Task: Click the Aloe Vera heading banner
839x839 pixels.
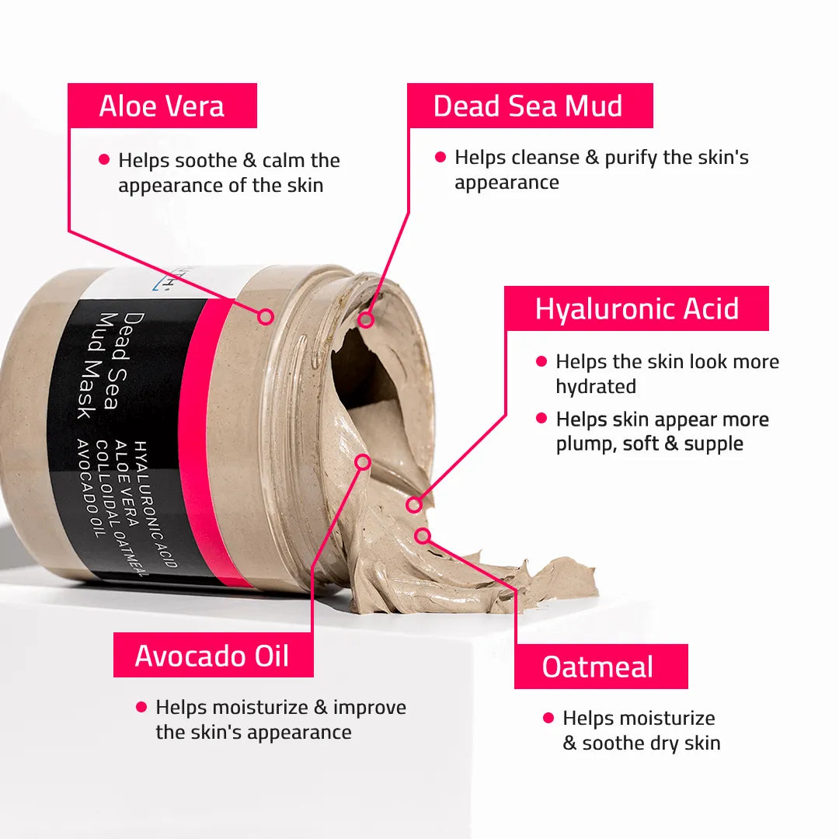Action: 162,106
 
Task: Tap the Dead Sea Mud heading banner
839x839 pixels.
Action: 530,106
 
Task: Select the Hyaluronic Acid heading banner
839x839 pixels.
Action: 636,308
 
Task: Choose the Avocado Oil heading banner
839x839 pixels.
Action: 213,655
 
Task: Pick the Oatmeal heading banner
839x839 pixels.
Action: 601,667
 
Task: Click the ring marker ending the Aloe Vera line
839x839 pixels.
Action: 265,316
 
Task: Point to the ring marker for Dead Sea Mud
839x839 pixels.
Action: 365,319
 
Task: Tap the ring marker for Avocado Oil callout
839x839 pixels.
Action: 363,461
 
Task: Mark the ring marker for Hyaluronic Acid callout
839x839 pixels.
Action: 413,504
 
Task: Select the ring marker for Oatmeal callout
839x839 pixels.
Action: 423,535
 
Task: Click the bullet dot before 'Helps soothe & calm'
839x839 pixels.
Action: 104,159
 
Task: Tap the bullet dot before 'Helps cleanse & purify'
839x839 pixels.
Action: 440,157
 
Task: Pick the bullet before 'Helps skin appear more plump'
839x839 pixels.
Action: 541,419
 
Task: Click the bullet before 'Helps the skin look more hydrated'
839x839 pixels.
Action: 541,361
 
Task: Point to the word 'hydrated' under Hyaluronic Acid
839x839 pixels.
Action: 596,386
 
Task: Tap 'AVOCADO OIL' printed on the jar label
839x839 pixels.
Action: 91,488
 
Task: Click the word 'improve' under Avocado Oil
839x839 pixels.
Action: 370,708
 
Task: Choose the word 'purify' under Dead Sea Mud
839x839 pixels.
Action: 631,158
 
